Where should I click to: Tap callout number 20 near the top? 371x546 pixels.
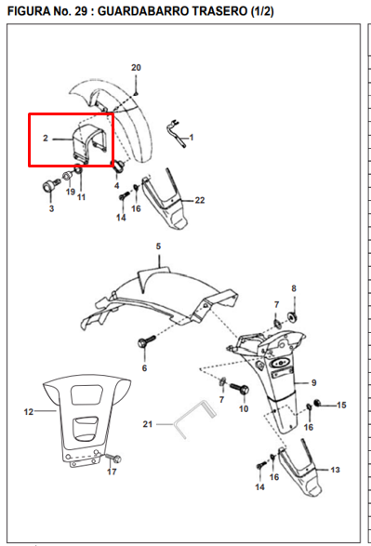coord(136,68)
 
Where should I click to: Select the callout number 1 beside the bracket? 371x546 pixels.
coord(192,137)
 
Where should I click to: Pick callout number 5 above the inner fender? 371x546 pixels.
coord(158,246)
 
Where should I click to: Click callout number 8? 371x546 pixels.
coord(294,289)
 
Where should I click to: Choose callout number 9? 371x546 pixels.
coord(314,382)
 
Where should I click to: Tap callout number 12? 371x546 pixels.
coord(28,410)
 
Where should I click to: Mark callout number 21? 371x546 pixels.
coord(146,424)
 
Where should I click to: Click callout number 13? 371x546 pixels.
coord(336,471)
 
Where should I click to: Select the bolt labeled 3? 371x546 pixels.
coord(46,188)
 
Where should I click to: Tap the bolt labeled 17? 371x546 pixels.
coord(115,458)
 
